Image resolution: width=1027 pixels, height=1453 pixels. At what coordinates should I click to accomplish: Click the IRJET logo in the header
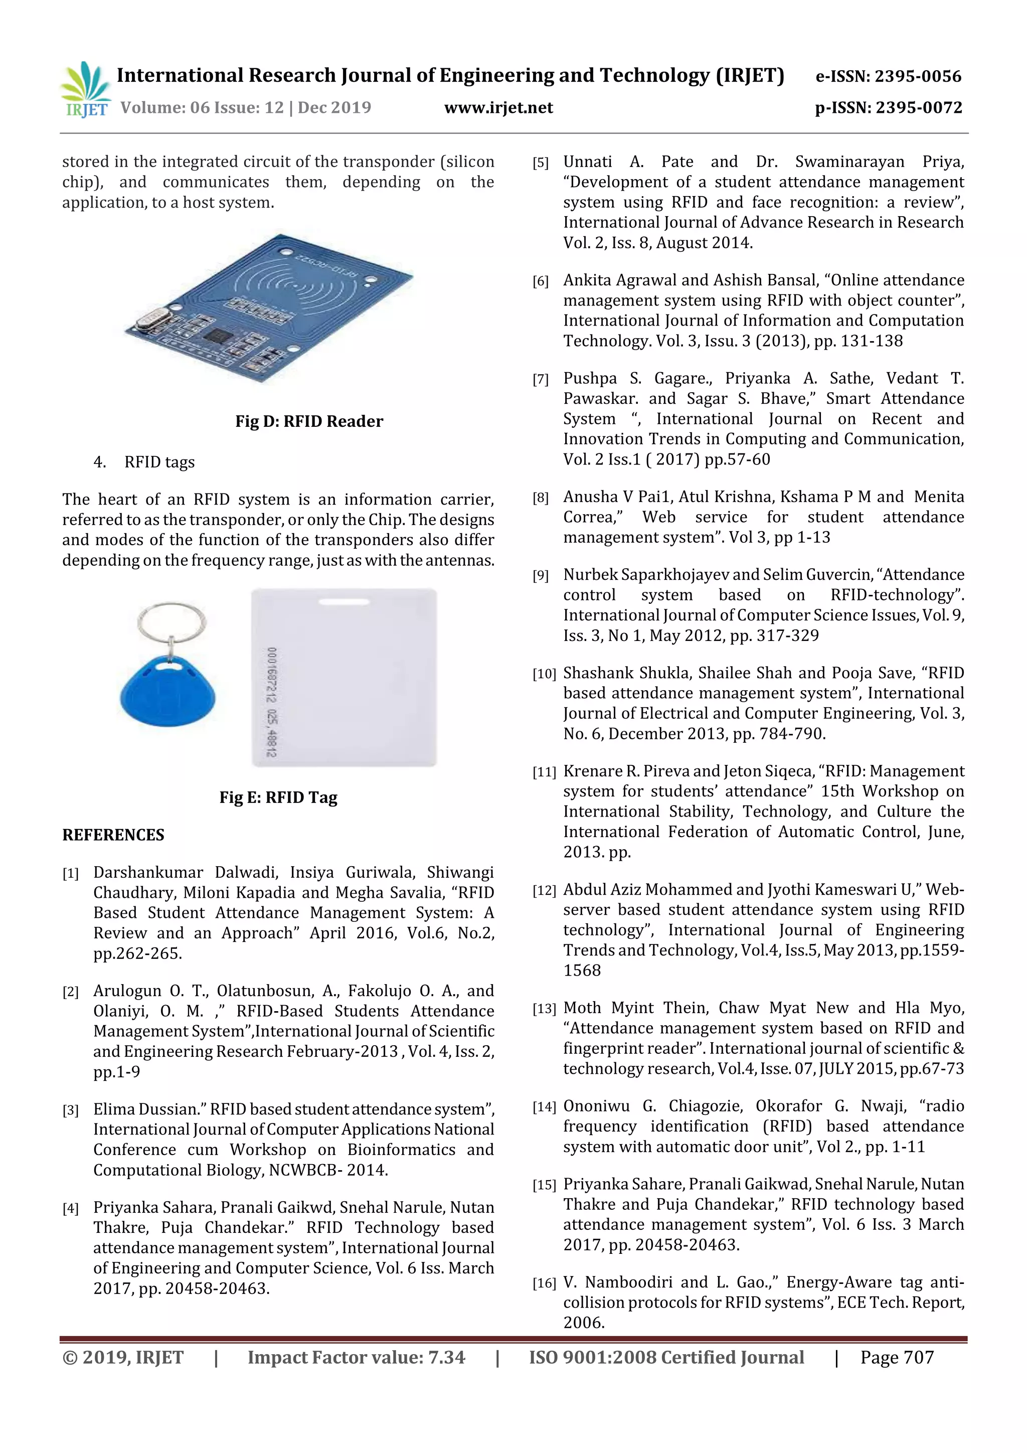tap(85, 90)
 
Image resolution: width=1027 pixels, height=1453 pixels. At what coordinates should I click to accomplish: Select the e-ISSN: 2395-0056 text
tap(888, 77)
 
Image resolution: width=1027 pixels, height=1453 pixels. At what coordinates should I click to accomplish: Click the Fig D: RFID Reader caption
tap(309, 421)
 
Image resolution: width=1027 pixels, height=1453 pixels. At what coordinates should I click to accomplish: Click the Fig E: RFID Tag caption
tap(278, 797)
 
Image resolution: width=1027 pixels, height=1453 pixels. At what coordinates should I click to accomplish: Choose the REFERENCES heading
tap(113, 836)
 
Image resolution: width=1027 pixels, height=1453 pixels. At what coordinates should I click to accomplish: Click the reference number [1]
tap(70, 874)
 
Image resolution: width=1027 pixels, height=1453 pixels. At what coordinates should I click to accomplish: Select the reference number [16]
tap(544, 1283)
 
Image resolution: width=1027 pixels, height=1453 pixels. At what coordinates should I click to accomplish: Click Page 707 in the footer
tap(896, 1357)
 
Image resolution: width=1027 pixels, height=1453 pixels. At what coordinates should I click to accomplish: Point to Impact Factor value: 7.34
tap(356, 1357)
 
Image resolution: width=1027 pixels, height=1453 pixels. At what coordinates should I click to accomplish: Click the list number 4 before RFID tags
tap(99, 462)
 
